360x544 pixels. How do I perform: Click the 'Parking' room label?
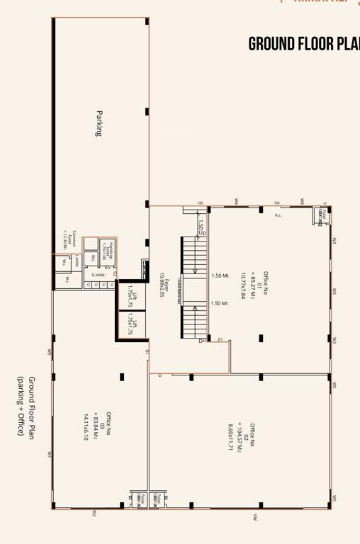point(100,123)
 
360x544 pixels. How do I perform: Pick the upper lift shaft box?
point(132,295)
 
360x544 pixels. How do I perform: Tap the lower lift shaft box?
point(132,325)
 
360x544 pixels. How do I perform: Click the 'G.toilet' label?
point(98,274)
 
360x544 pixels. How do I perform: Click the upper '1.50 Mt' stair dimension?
point(220,276)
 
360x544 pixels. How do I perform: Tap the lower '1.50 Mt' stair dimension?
point(220,303)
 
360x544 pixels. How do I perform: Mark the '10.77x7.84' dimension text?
point(242,285)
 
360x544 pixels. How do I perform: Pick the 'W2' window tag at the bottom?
point(94,514)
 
